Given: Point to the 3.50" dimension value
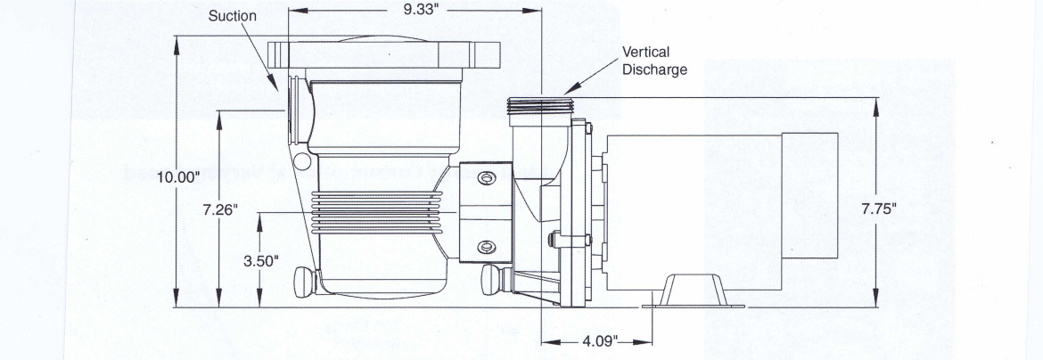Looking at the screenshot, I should [x=261, y=261].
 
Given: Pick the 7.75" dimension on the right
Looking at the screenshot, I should [x=878, y=209].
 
